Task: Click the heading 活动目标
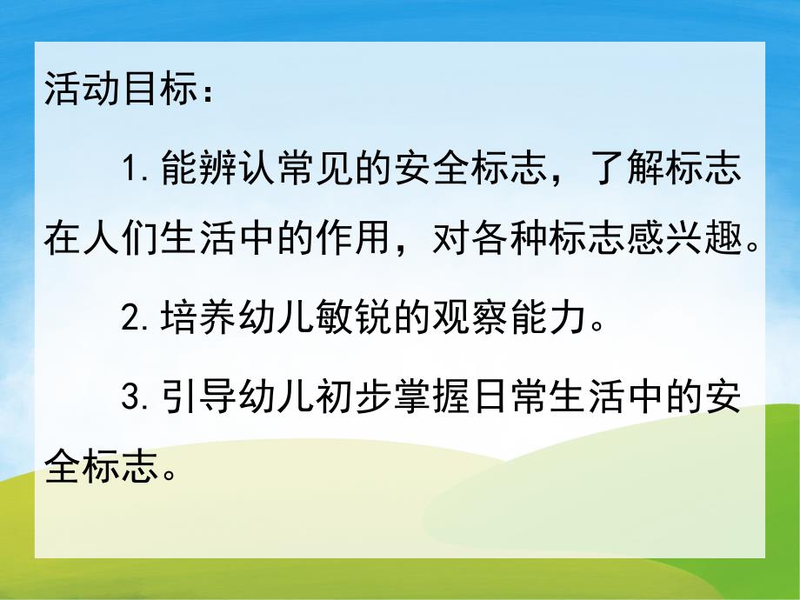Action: tap(116, 90)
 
